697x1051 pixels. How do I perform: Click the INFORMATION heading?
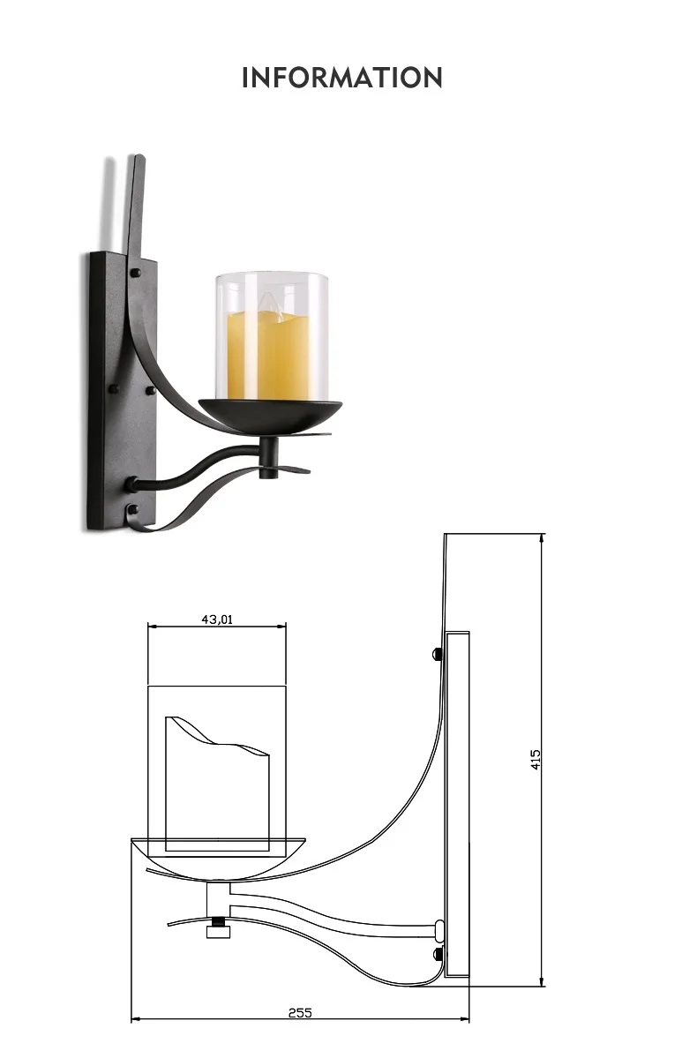tap(341, 78)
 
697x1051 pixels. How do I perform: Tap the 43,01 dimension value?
tap(217, 619)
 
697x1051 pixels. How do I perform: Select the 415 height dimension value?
tap(535, 760)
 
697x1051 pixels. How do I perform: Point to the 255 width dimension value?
tap(300, 1012)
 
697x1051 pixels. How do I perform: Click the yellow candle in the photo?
tap(268, 356)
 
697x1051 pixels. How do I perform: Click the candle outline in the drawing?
tap(217, 784)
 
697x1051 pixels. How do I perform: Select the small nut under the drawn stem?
tap(217, 932)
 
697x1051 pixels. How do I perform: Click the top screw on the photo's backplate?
tap(135, 273)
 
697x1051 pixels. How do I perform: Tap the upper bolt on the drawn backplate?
tap(438, 654)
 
